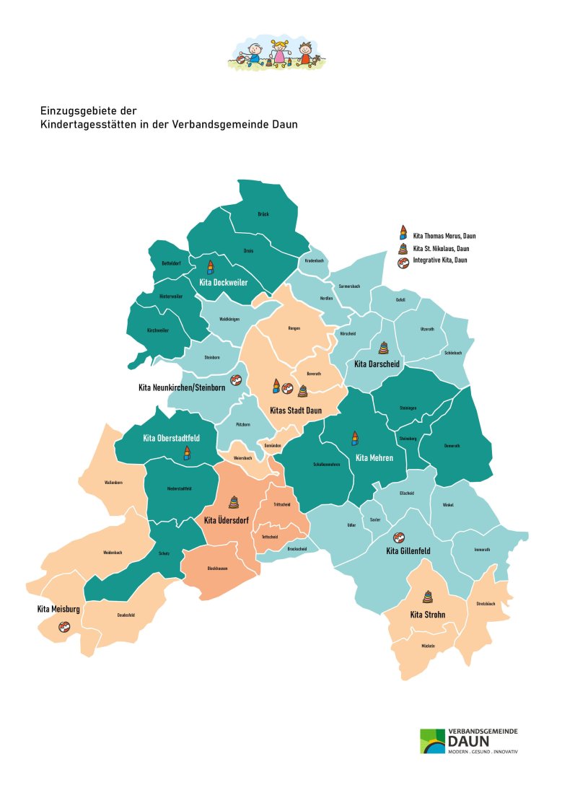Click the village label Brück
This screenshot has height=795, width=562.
click(x=263, y=214)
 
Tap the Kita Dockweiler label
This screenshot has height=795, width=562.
click(x=224, y=283)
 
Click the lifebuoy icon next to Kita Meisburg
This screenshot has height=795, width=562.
click(x=64, y=626)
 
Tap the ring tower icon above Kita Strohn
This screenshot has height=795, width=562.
click(x=428, y=597)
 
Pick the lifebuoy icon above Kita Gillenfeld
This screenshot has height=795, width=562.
click(x=398, y=537)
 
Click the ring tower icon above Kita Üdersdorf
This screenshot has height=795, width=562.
click(x=234, y=503)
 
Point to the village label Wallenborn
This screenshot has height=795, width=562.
click(x=113, y=482)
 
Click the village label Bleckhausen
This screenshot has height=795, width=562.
click(x=218, y=568)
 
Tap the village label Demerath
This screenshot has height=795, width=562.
click(x=451, y=446)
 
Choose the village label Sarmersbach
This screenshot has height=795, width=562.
click(x=349, y=286)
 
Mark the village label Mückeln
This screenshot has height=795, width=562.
click(x=427, y=646)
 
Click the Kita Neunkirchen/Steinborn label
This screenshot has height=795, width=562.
click(x=182, y=388)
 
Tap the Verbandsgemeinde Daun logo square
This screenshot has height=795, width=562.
click(x=433, y=741)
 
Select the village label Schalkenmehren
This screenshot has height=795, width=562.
click(x=326, y=465)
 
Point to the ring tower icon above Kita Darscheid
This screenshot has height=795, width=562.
click(x=382, y=348)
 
